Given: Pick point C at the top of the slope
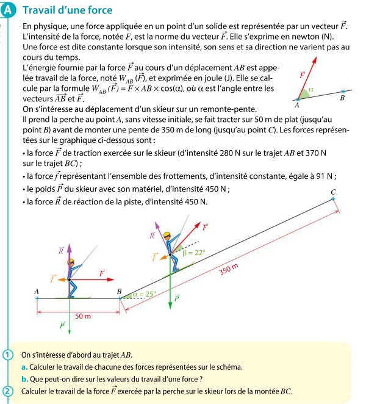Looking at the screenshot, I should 333,193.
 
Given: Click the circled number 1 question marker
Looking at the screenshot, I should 7,355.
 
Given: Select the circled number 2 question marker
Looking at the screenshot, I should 7,391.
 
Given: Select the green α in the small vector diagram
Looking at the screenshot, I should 310,89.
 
